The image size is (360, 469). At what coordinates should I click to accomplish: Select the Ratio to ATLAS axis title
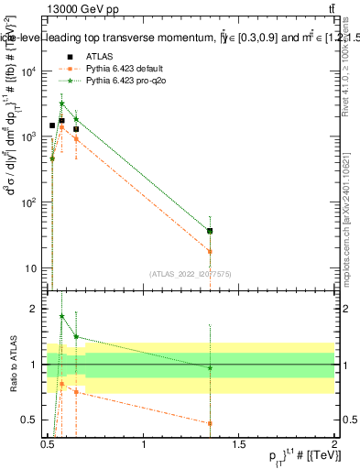[x=12, y=365]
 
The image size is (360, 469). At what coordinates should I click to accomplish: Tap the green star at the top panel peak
[x=61, y=104]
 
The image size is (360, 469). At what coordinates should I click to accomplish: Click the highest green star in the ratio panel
[x=61, y=316]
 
